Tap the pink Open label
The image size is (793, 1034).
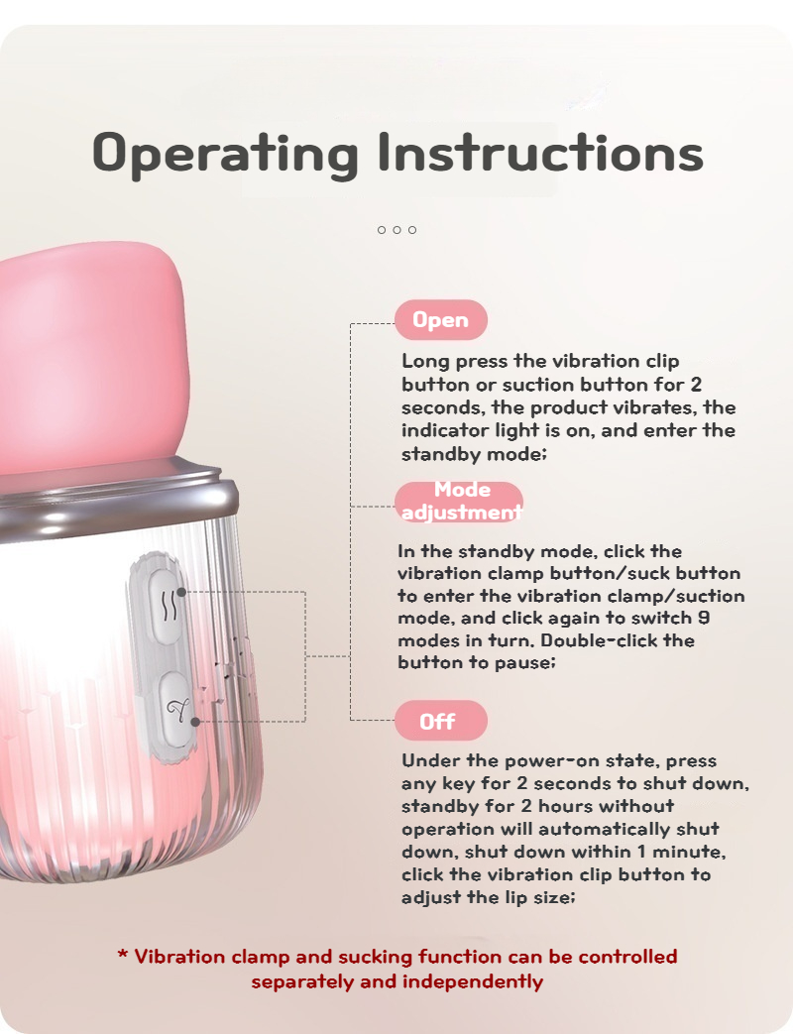[441, 320]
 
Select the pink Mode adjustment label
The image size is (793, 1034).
[460, 502]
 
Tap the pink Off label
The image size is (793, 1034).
[441, 721]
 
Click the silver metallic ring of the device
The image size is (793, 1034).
[119, 502]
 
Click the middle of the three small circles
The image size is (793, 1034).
[396, 229]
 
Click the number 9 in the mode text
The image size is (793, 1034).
[704, 618]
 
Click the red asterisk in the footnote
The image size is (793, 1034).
[123, 955]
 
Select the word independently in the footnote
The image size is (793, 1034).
[473, 981]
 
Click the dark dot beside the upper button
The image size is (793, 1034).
[182, 592]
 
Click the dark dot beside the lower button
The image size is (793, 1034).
[195, 722]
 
